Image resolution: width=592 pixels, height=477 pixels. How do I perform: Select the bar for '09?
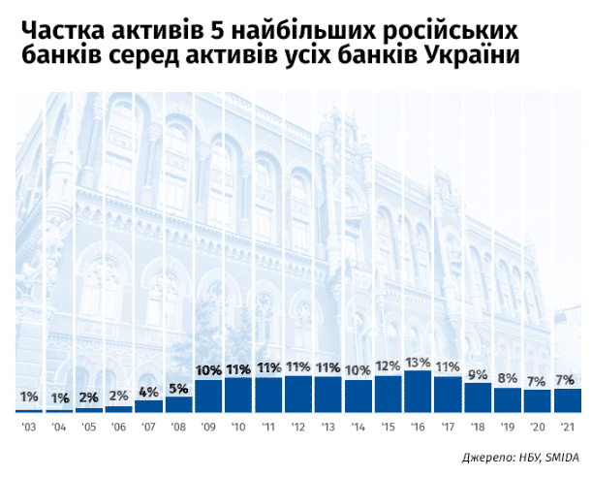pyautogui.click(x=208, y=396)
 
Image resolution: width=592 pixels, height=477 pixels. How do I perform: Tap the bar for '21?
pyautogui.click(x=568, y=400)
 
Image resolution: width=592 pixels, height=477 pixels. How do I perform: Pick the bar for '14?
pyautogui.click(x=358, y=396)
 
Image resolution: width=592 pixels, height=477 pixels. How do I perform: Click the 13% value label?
pyautogui.click(x=418, y=362)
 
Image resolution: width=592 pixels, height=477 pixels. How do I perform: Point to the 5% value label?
pyautogui.click(x=178, y=389)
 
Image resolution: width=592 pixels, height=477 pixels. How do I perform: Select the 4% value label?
pyautogui.click(x=148, y=392)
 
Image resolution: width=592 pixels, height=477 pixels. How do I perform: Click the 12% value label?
pyautogui.click(x=388, y=366)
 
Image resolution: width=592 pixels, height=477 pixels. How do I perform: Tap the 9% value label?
pyautogui.click(x=478, y=373)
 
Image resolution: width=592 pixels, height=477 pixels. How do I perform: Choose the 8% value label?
pyautogui.click(x=508, y=378)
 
